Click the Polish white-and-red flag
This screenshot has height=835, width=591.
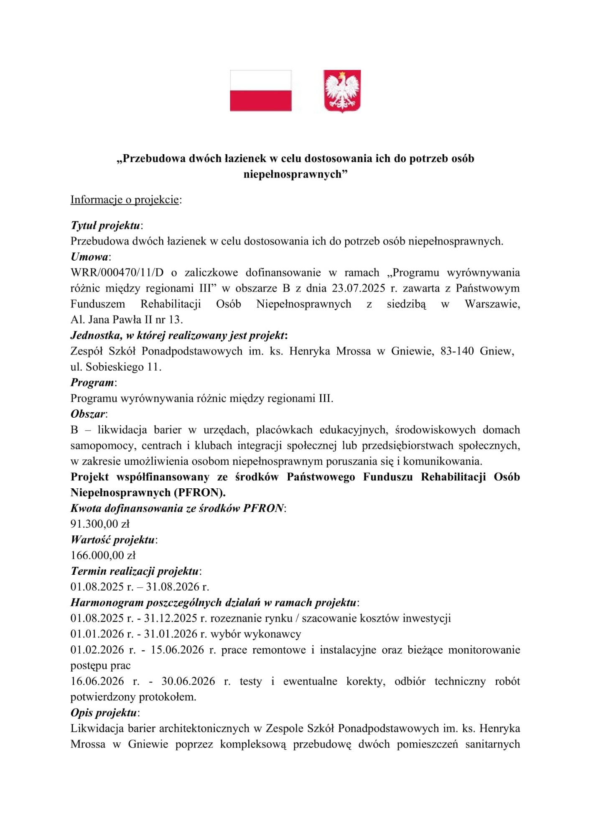click(260, 91)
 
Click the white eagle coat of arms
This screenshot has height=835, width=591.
click(342, 91)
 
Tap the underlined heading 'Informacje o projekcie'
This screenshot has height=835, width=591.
click(125, 200)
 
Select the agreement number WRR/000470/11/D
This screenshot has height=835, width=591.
click(117, 273)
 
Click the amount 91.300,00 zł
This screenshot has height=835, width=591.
click(100, 524)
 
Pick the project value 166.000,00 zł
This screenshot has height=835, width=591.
click(103, 556)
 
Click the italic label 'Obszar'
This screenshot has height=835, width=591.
click(88, 414)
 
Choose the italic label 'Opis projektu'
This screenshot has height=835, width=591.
click(104, 713)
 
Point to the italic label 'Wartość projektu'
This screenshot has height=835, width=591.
click(113, 540)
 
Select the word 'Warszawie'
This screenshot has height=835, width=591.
click(492, 304)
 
